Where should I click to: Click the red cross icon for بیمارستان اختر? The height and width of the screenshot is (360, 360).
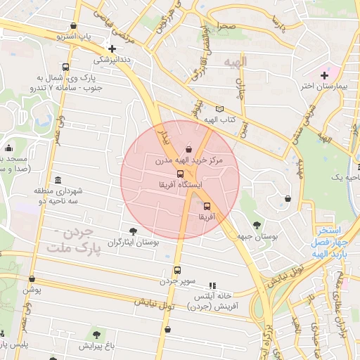(324, 75)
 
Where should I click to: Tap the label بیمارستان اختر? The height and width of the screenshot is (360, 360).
(324, 86)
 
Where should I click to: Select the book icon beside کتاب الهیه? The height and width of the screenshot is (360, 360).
(220, 109)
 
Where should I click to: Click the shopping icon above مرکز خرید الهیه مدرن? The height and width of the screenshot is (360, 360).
(188, 149)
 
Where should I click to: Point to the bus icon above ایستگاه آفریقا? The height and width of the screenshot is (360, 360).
(180, 173)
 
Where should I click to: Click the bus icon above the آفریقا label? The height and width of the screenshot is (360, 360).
(207, 206)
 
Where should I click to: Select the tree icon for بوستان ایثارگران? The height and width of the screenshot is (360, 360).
(133, 231)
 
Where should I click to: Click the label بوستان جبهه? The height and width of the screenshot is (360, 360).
(259, 237)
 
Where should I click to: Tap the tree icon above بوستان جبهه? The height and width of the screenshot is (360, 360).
(257, 225)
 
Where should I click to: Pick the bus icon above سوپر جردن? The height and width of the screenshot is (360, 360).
(176, 270)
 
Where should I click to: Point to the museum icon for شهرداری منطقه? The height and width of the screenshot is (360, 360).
(57, 179)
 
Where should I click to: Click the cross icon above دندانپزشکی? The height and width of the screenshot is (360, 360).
(112, 49)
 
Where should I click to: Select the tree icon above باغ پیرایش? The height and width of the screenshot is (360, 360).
(96, 335)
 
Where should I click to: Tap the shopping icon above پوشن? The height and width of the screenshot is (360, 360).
(32, 279)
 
